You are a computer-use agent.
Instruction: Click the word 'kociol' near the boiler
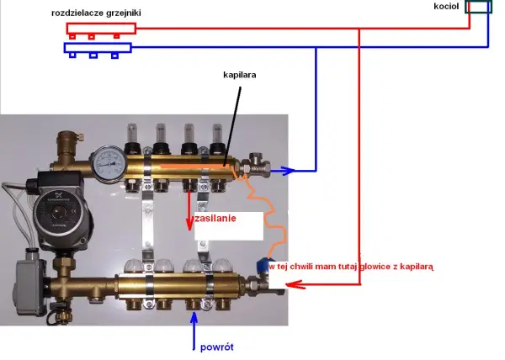446,6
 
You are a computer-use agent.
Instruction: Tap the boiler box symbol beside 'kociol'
479,7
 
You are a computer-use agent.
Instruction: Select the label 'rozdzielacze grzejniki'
96,13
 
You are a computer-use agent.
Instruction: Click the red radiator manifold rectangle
101,29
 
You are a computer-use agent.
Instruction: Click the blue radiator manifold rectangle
98,48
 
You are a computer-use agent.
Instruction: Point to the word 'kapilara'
240,75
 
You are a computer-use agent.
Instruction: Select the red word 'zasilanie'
215,219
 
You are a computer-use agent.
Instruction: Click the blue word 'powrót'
217,347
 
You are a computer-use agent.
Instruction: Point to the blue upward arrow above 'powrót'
194,331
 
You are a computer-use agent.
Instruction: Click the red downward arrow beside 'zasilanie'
189,210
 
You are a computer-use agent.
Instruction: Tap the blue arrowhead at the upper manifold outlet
287,171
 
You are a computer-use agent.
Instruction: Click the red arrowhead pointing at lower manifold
295,284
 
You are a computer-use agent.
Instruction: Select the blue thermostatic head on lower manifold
264,265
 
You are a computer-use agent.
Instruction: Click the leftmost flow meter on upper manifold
132,138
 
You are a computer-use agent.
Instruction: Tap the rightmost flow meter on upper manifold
218,138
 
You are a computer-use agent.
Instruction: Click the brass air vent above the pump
68,144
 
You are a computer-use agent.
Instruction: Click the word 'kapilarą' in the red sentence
417,267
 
